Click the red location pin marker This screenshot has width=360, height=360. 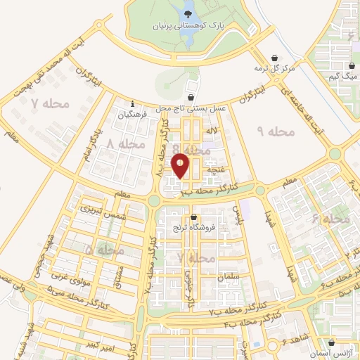point(181,165)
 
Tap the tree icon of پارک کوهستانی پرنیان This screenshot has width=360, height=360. point(188,12)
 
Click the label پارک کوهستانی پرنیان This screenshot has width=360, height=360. point(186,27)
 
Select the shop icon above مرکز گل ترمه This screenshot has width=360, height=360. point(274,58)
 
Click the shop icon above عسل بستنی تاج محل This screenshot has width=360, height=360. point(191,98)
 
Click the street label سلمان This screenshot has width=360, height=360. point(229,277)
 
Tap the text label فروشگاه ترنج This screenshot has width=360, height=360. point(193,229)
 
